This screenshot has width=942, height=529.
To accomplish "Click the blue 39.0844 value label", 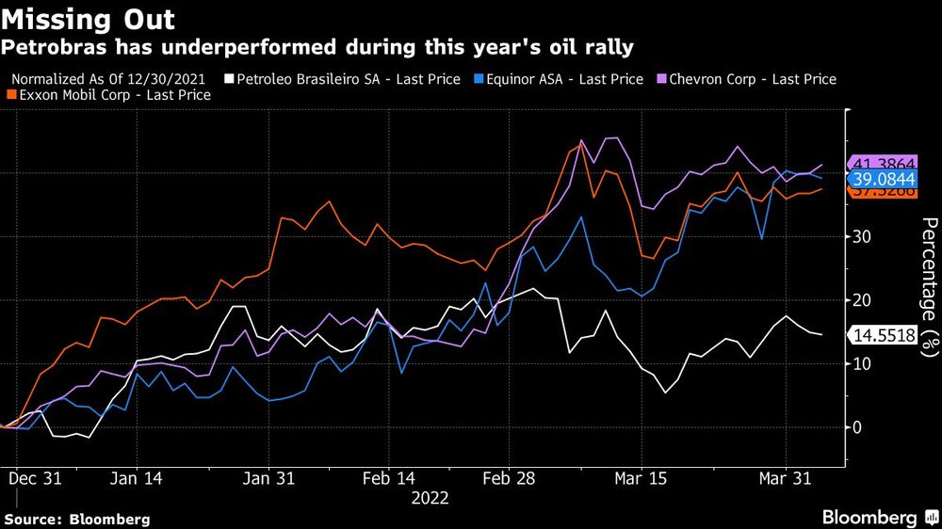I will click(x=883, y=178).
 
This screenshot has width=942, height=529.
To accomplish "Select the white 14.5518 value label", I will click(x=883, y=335).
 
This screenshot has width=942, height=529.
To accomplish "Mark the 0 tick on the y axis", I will click(x=857, y=427).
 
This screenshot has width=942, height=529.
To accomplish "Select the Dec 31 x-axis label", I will click(x=35, y=478).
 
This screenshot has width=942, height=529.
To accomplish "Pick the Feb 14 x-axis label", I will click(x=389, y=478).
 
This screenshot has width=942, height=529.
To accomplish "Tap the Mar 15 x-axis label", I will click(x=641, y=478).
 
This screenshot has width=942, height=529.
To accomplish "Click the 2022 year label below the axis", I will click(x=430, y=498).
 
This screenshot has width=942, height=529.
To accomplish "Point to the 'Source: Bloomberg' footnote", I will click(x=77, y=519).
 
